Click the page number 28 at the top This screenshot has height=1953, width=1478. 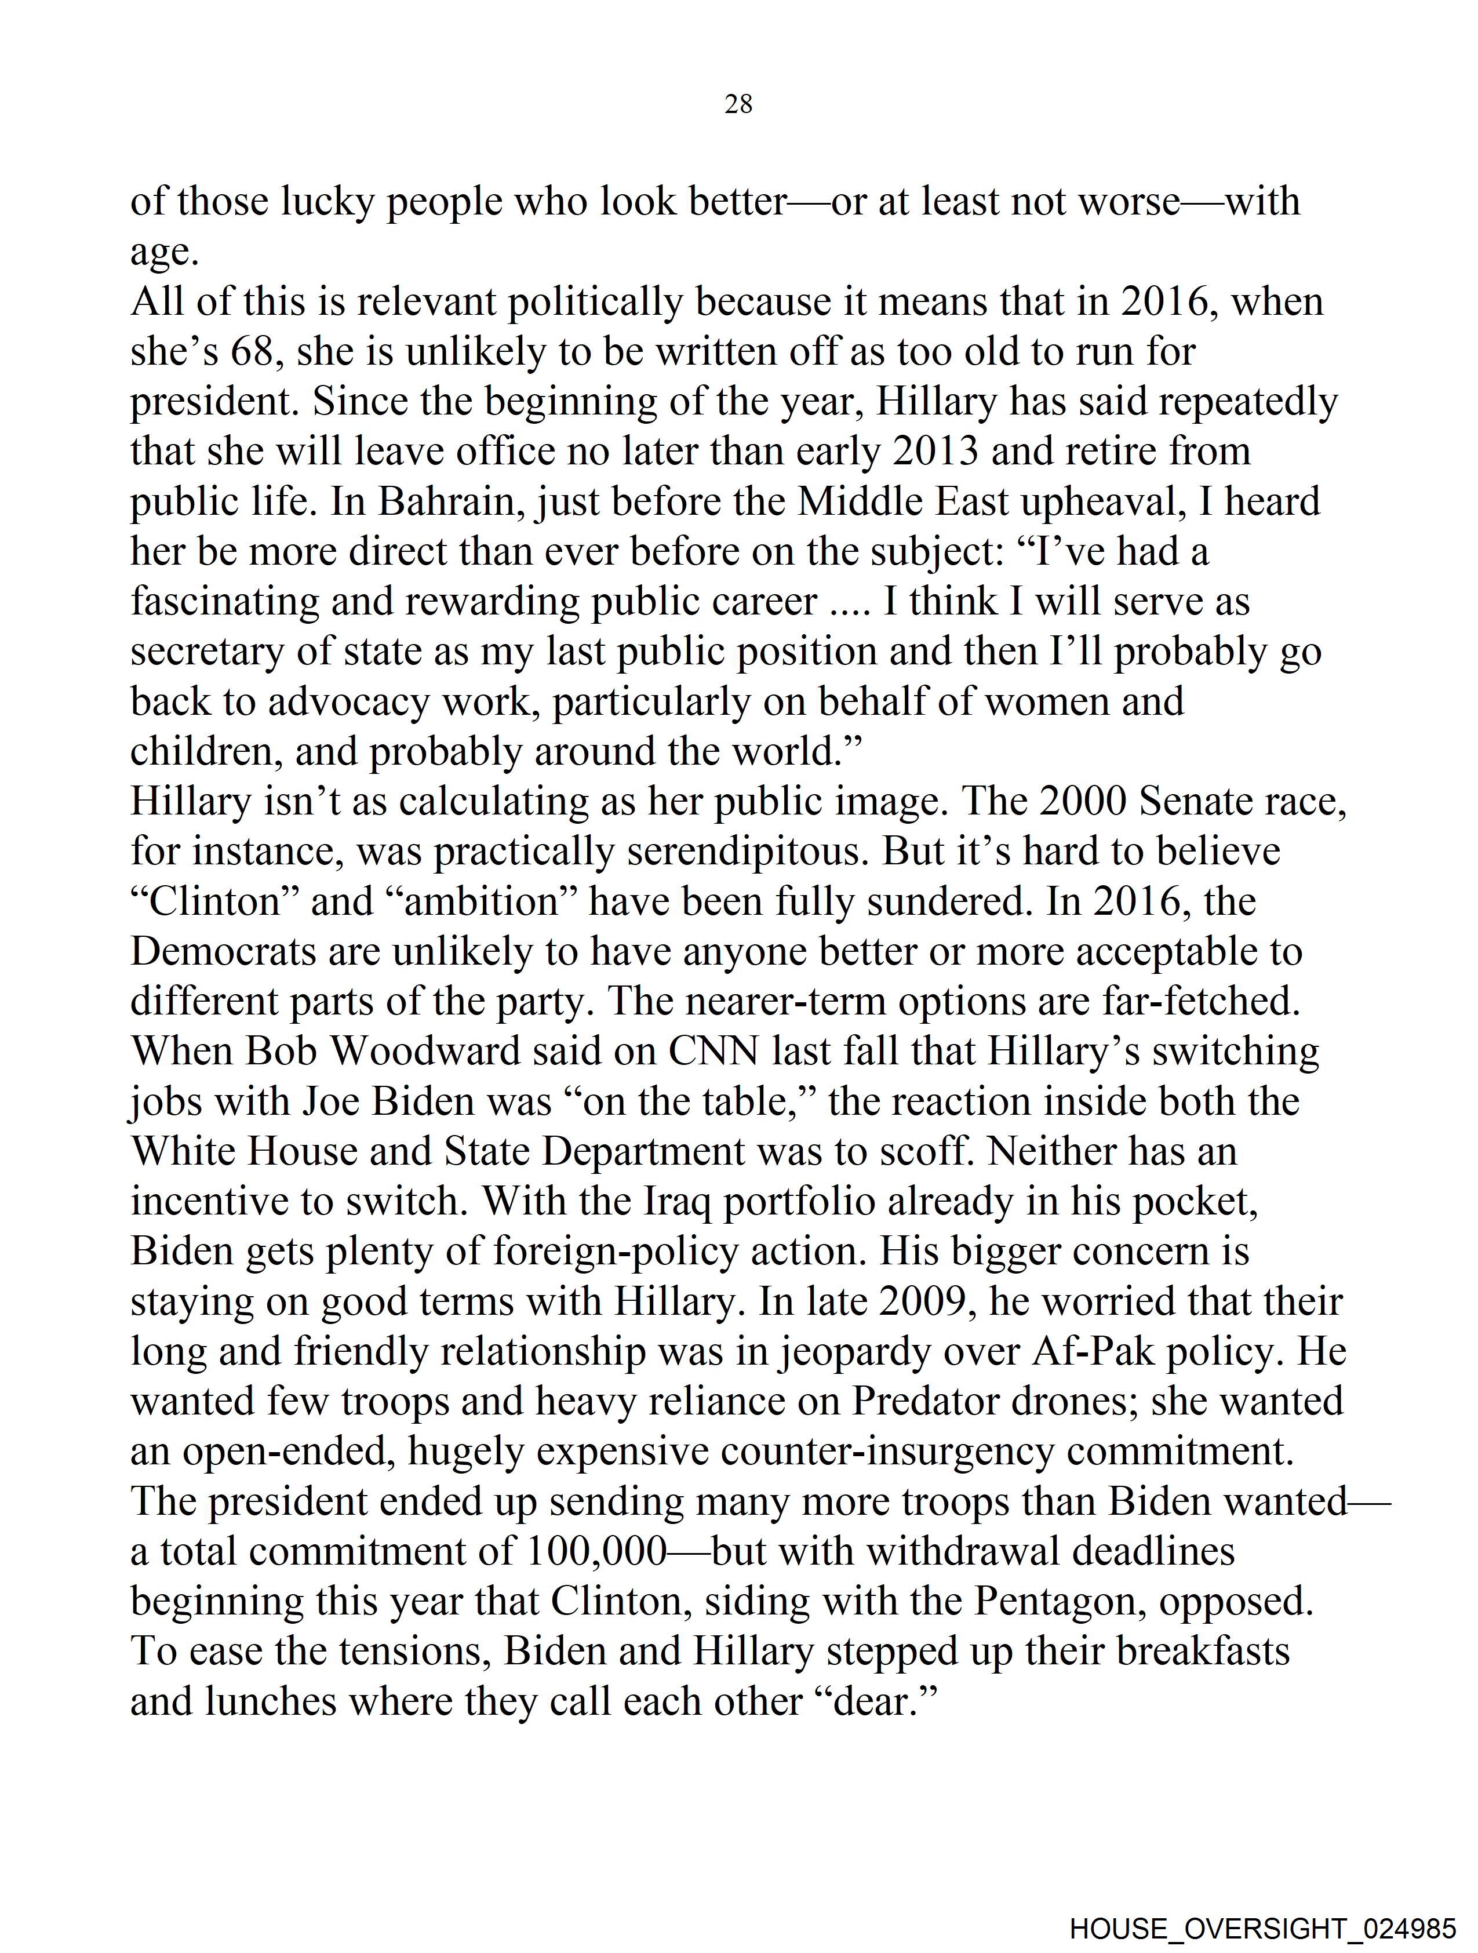click(x=738, y=104)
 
